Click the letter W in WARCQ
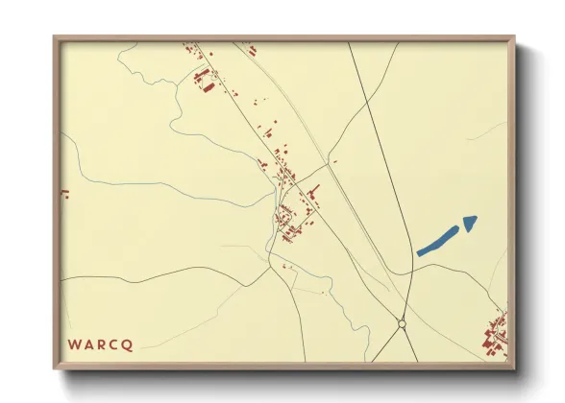point(74,343)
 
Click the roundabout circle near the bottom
point(402,324)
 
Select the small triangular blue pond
point(469,223)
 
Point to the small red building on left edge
point(66,195)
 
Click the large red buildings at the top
point(202,78)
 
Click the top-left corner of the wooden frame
point(55,38)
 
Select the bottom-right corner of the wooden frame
point(513,368)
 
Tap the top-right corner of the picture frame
point(513,38)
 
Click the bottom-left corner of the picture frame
point(55,368)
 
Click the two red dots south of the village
point(285,265)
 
